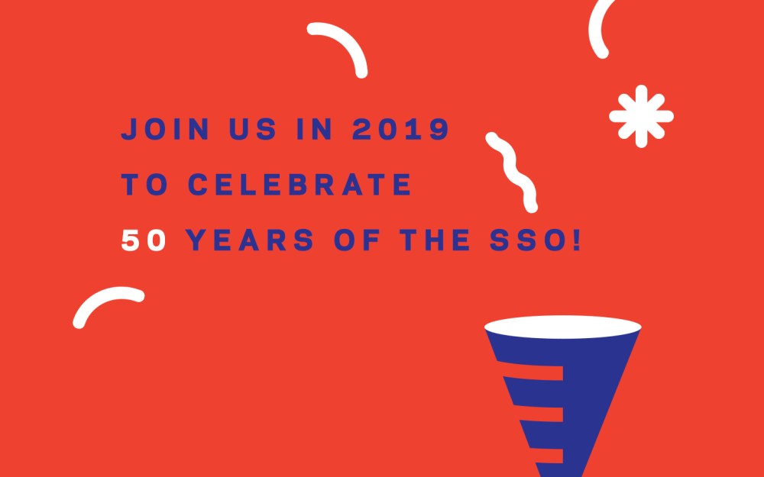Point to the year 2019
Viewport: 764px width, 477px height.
coord(401,130)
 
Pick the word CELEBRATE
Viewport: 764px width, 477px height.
coord(300,185)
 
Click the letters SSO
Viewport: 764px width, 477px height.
coord(533,241)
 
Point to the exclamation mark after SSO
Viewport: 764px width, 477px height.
coord(576,241)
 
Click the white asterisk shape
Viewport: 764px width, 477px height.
coord(641,116)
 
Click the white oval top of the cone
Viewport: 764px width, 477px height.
coord(562,327)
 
